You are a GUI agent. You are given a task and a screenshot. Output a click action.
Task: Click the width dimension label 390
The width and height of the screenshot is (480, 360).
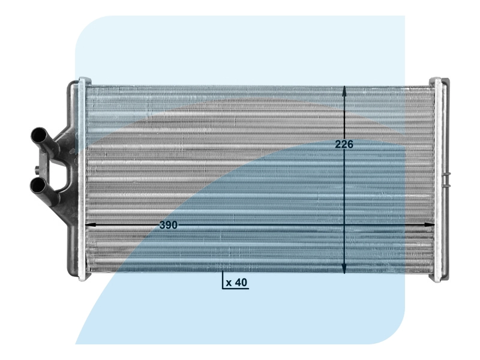(169, 225)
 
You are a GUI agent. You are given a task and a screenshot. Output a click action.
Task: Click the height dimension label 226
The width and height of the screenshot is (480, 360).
(344, 145)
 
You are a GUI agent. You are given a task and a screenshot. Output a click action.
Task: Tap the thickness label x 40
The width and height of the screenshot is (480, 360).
(237, 283)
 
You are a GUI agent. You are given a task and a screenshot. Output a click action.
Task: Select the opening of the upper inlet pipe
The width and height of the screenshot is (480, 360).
(37, 134)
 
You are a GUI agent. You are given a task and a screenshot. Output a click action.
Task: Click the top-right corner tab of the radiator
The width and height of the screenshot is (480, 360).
(436, 80)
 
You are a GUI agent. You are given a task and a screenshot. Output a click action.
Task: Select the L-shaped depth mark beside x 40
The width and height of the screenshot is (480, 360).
(223, 284)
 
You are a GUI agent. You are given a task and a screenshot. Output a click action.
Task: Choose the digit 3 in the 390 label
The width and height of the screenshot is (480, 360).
(163, 225)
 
